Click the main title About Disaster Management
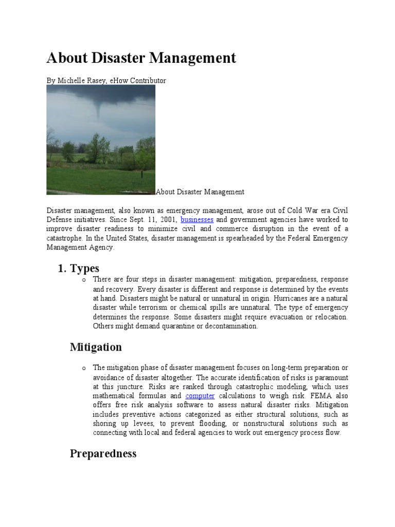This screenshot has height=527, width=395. click(141, 58)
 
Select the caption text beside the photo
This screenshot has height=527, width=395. click(200, 192)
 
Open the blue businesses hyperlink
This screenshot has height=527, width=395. click(197, 220)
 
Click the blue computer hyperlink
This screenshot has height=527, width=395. click(200, 396)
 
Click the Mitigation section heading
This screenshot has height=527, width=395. click(96, 347)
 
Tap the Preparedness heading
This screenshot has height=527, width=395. click(103, 453)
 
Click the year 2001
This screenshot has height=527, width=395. click(167, 220)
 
